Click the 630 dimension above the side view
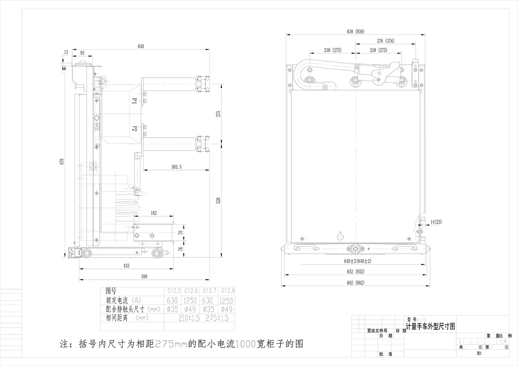click(x=141, y=46)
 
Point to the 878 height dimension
click(x=62, y=161)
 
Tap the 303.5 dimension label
click(x=176, y=166)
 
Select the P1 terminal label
click(x=134, y=101)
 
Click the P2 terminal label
click(x=134, y=129)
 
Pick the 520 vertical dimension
click(x=218, y=200)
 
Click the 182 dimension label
click(x=154, y=213)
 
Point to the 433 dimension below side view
click(x=126, y=266)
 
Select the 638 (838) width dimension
click(x=356, y=32)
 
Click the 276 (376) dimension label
click(x=385, y=41)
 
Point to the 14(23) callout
click(x=436, y=222)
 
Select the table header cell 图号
click(x=111, y=291)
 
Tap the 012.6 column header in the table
click(x=191, y=291)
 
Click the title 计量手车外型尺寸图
click(x=430, y=327)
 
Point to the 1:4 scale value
click(x=503, y=341)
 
